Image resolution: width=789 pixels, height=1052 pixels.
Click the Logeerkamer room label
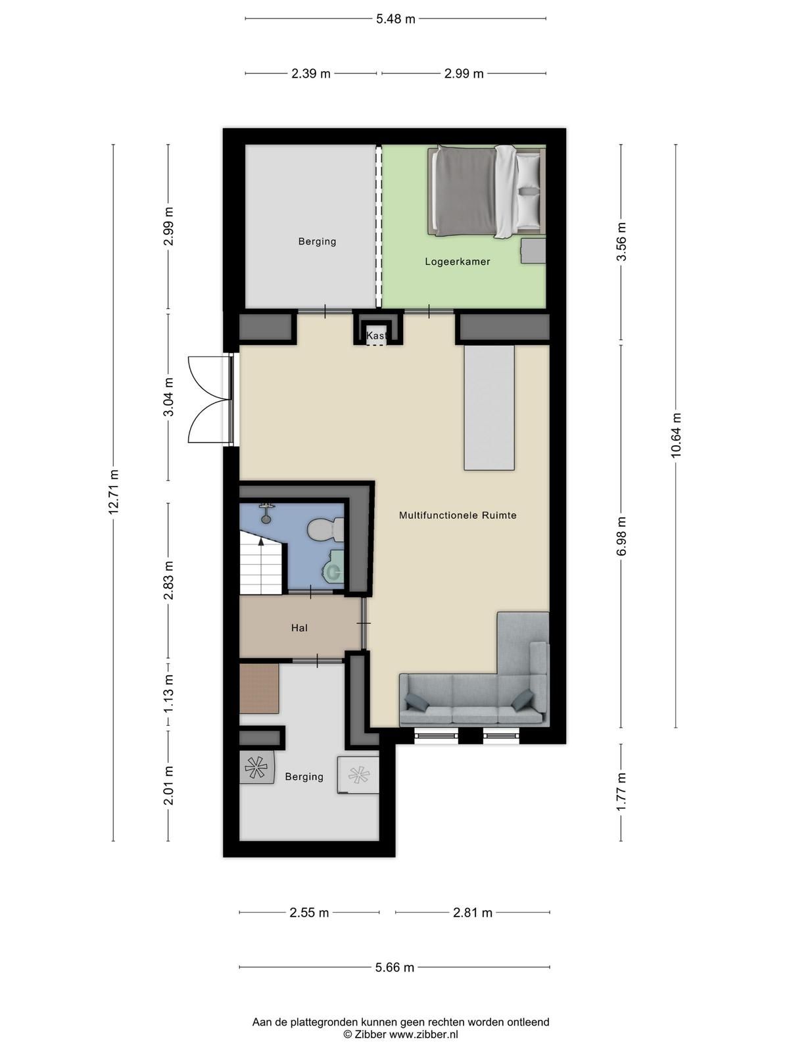457,262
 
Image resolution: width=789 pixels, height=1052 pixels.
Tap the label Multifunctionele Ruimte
458,515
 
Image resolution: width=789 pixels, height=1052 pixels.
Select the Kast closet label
377,336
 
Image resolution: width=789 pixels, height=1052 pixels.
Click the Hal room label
299,628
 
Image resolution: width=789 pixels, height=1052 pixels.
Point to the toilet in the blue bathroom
325,529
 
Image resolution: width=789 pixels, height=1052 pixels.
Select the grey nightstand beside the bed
533,251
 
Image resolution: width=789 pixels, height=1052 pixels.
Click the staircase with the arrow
262,564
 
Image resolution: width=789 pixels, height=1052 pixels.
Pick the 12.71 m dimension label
114,492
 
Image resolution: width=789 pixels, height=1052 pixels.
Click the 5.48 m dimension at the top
395,19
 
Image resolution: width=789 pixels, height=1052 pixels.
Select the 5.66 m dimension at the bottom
394,967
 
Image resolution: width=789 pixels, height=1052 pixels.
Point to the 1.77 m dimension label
621,792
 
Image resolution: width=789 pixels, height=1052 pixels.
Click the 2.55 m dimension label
309,913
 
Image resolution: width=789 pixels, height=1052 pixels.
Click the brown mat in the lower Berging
259,688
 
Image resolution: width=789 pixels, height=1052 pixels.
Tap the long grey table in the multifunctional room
489,408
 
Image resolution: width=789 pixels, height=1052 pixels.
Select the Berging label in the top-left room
317,241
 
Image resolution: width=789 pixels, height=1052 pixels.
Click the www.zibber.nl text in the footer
423,1034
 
